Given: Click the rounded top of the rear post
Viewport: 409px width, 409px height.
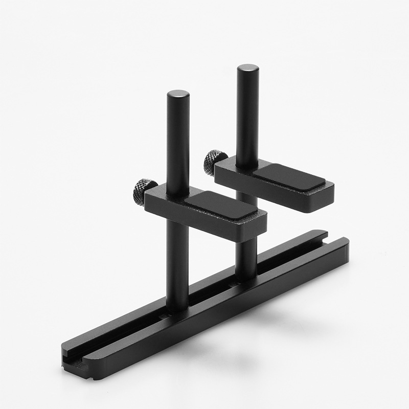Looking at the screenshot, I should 247,68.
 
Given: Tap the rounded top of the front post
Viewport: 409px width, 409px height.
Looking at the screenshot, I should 178,94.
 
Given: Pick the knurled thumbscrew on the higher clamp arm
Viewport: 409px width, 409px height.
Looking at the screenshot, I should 214,162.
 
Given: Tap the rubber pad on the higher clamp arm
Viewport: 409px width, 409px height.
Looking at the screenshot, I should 289,177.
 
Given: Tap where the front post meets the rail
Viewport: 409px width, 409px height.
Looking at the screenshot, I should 176,309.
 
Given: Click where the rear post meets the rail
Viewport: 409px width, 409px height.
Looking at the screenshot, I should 245,276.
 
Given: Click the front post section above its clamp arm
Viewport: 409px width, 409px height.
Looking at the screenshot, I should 178,143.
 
